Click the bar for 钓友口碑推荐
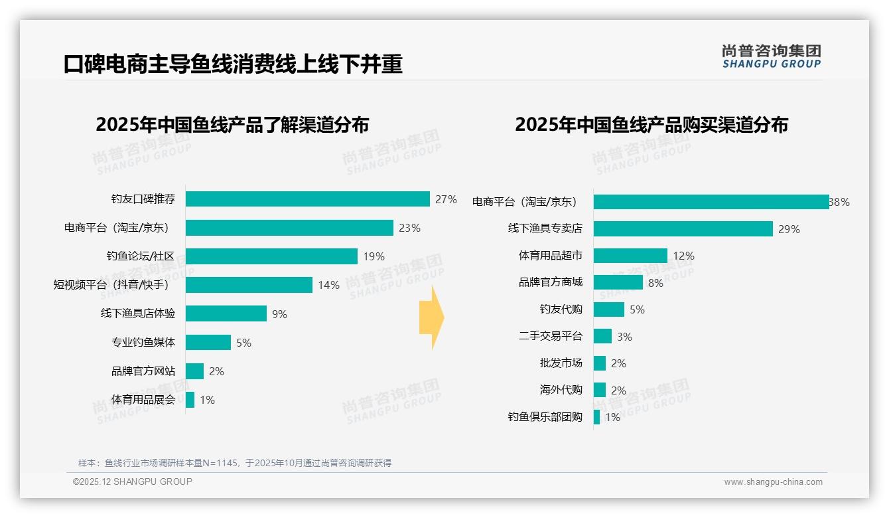(x=308, y=199)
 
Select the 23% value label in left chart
(x=409, y=228)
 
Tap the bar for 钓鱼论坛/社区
(x=271, y=256)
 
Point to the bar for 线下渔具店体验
(x=226, y=313)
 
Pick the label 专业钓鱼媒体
(x=143, y=343)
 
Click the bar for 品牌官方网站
(x=194, y=371)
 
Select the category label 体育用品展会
(x=143, y=400)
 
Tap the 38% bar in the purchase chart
(x=711, y=202)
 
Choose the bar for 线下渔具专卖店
(x=683, y=229)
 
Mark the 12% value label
(x=683, y=256)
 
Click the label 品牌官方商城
(x=551, y=282)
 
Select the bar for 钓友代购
(x=609, y=309)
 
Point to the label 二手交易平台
(x=551, y=337)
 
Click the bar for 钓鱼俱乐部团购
(x=597, y=417)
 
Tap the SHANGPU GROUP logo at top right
(x=771, y=56)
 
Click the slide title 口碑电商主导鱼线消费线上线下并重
(x=233, y=64)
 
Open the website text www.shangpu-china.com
(x=773, y=482)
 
